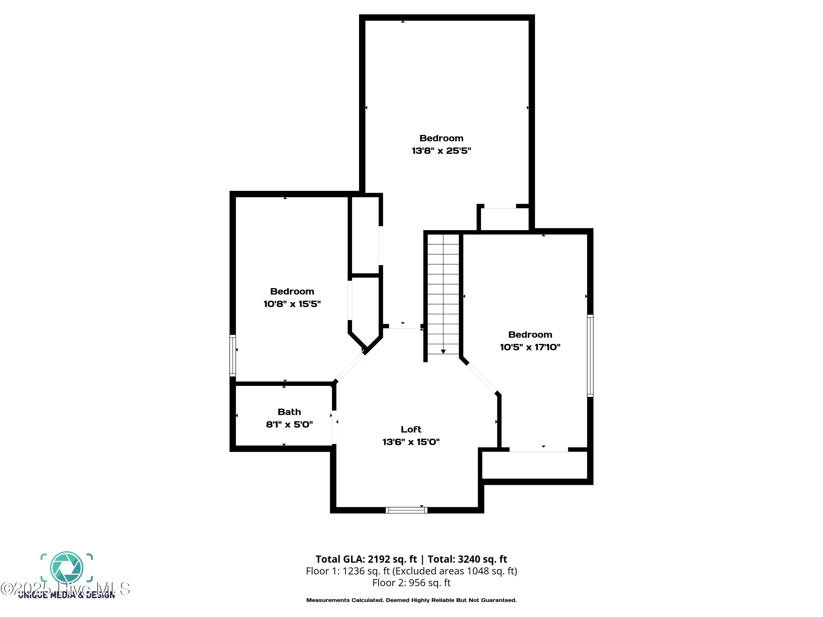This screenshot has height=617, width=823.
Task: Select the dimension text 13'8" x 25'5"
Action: click(441, 151)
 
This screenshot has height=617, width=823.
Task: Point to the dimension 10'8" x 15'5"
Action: click(292, 304)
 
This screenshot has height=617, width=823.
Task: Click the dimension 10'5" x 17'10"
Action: click(530, 347)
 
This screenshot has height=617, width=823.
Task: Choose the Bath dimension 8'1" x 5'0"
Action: click(289, 424)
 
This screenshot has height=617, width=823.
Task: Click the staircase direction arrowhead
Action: click(443, 352)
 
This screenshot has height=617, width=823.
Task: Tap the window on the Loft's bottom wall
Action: click(406, 510)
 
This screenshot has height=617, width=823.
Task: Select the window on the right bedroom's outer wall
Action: click(590, 356)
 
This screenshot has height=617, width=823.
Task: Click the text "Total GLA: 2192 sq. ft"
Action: click(366, 559)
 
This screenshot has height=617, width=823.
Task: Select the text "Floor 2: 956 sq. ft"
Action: click(411, 582)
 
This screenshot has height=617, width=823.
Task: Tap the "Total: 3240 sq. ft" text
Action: click(467, 559)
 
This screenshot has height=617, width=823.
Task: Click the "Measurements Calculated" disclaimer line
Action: click(411, 600)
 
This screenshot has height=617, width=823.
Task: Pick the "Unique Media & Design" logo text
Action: click(67, 595)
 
